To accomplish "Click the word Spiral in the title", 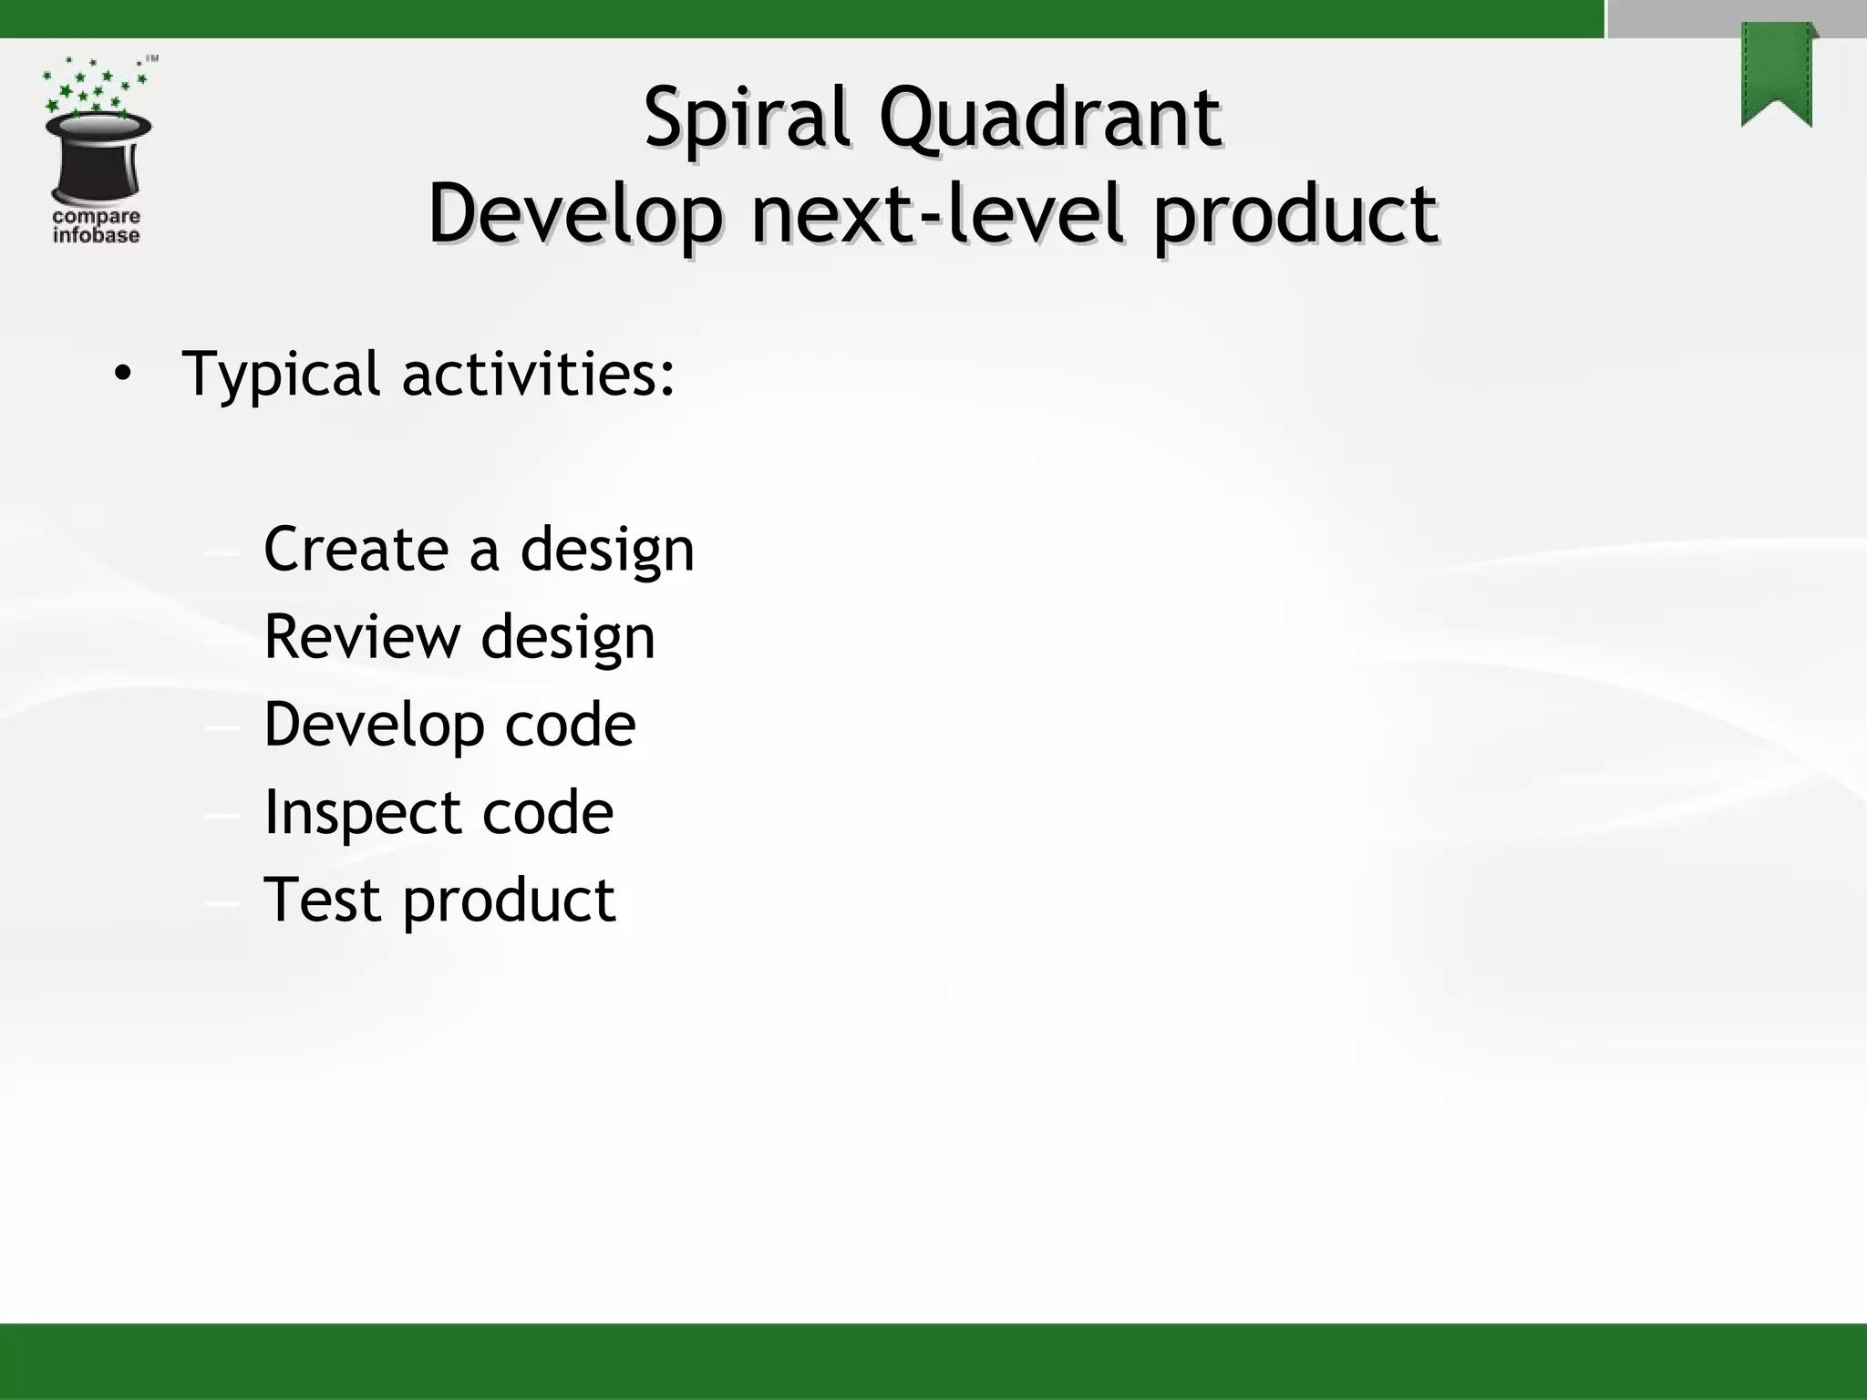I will click(747, 118).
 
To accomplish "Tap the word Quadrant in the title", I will click(1048, 118).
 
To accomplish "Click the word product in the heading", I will click(1295, 214).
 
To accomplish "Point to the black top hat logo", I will click(98, 160).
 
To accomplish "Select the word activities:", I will click(538, 374).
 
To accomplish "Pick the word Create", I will click(356, 550).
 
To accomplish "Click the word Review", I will click(362, 636).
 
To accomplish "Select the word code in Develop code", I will click(570, 725).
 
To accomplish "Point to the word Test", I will click(322, 900).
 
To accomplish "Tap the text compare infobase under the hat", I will click(96, 226).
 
